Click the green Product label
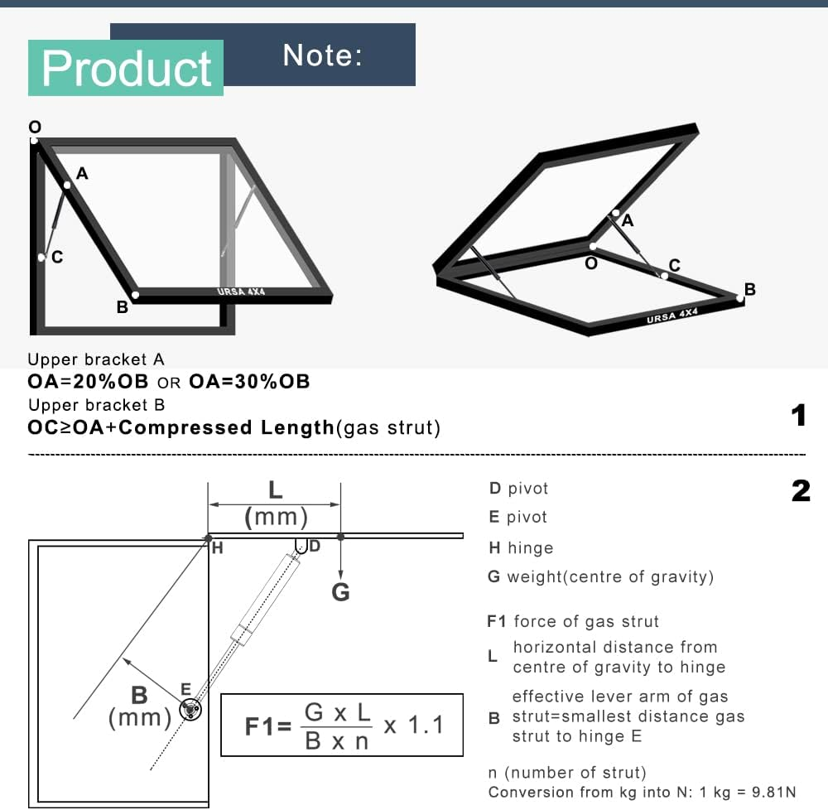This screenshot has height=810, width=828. tap(126, 68)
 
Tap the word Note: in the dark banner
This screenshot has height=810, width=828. tap(323, 55)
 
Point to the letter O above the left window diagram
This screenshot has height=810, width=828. tap(35, 127)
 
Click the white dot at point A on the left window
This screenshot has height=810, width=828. tap(67, 185)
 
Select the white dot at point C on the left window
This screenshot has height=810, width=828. tap(41, 257)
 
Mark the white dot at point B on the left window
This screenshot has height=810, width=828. tap(135, 295)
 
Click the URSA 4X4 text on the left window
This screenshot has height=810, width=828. tap(241, 292)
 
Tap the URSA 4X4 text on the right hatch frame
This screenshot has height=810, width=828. tap(672, 316)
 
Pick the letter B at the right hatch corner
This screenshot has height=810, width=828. tap(750, 289)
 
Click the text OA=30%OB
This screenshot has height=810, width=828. tap(249, 381)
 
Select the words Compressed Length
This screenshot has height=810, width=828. tap(227, 427)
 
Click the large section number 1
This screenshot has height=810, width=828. tap(799, 415)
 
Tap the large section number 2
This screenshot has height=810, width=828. tap(801, 491)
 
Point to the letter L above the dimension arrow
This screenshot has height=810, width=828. tap(275, 490)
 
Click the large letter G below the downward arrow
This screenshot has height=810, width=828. tap(340, 592)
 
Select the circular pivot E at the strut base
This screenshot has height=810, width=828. tap(190, 709)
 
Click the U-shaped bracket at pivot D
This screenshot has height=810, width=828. tap(301, 546)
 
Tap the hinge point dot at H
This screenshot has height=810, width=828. tap(208, 538)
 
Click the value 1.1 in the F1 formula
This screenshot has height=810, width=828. tap(426, 725)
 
